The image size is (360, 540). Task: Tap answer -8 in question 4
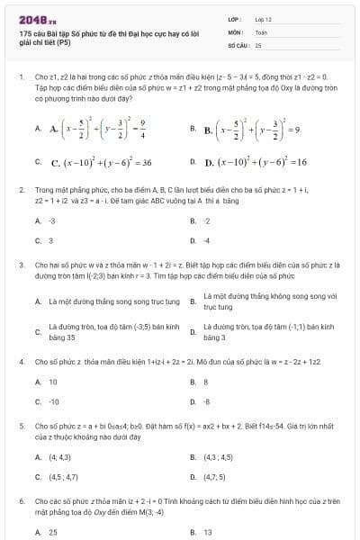[x=206, y=402]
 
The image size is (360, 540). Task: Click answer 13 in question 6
[x=208, y=532]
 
